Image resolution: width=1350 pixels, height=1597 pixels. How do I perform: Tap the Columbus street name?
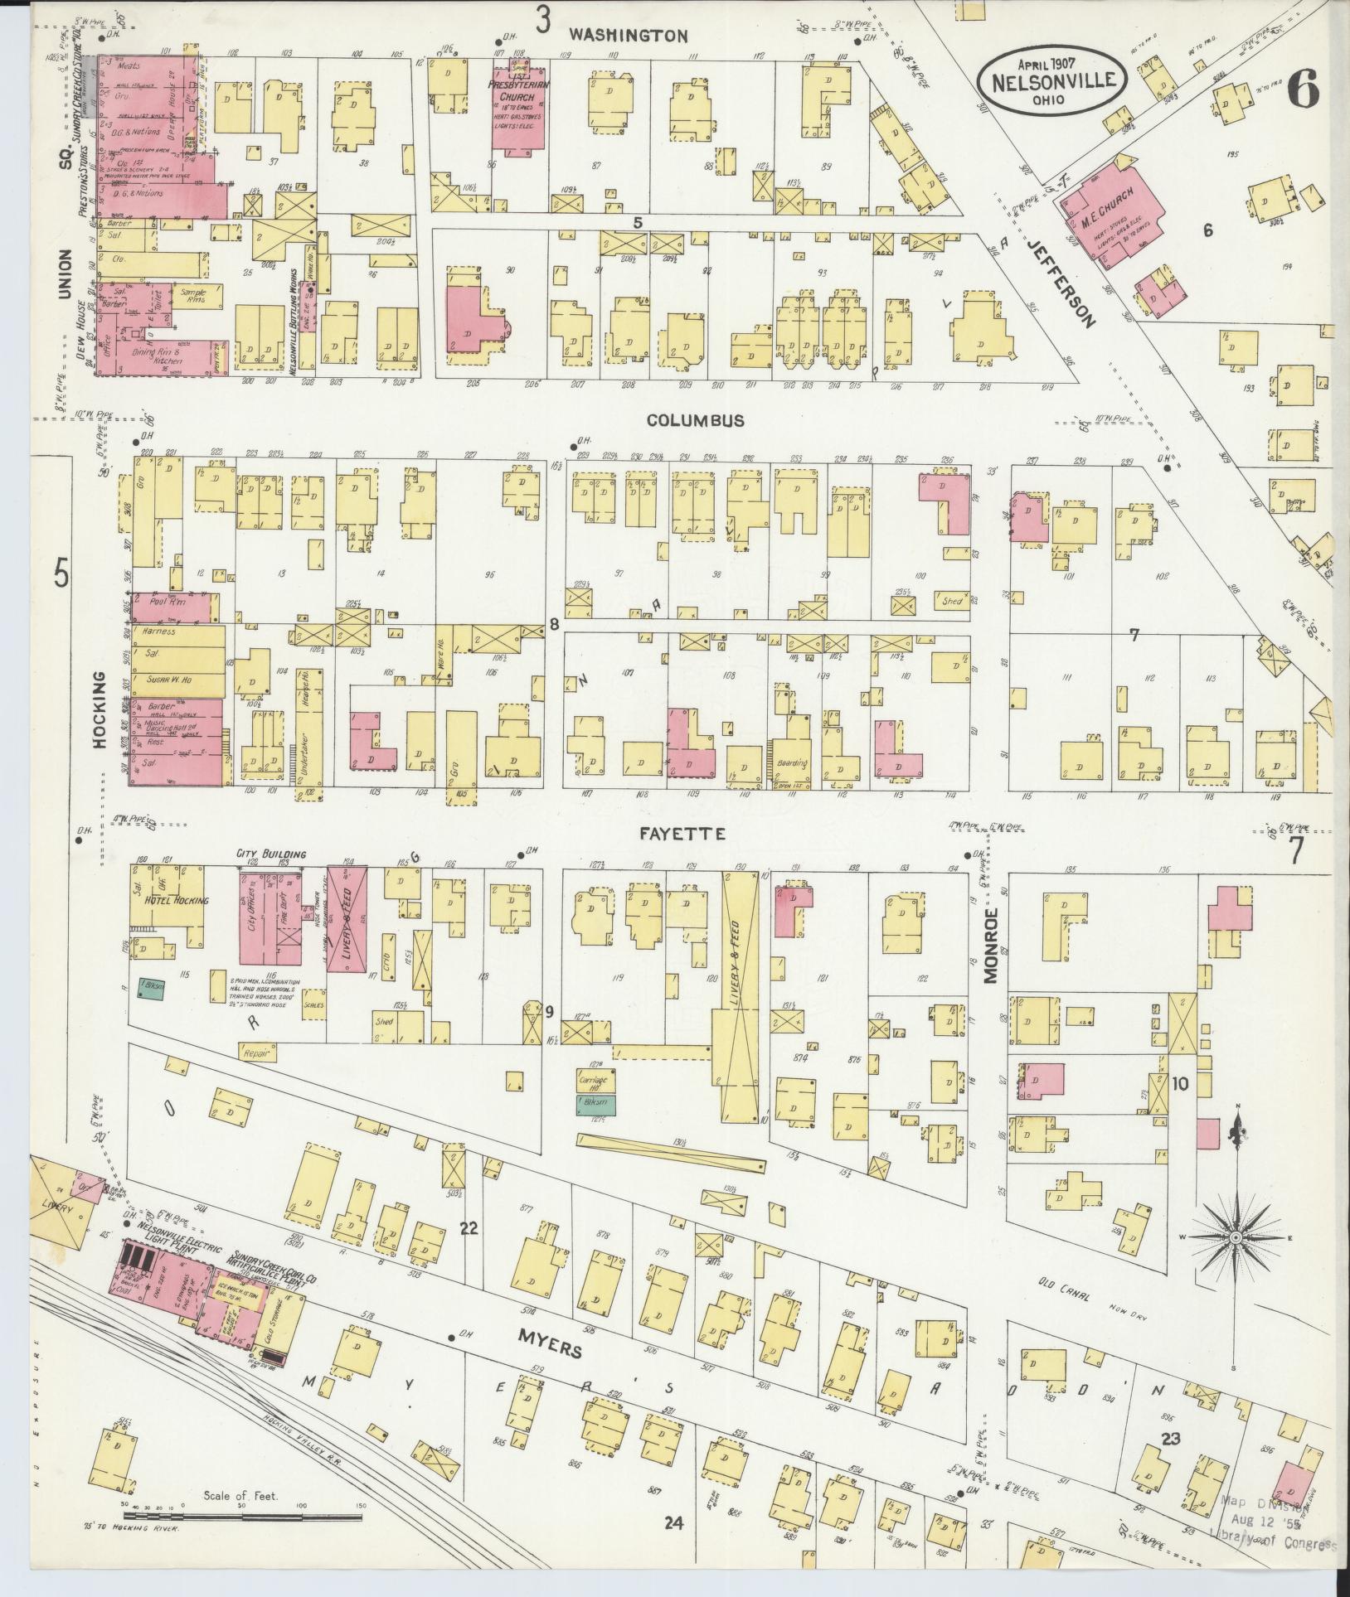pyautogui.click(x=695, y=421)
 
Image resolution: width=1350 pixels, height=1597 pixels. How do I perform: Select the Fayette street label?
pyautogui.click(x=686, y=834)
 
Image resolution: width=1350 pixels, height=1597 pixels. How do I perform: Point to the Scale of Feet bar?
pyautogui.click(x=240, y=1517)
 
